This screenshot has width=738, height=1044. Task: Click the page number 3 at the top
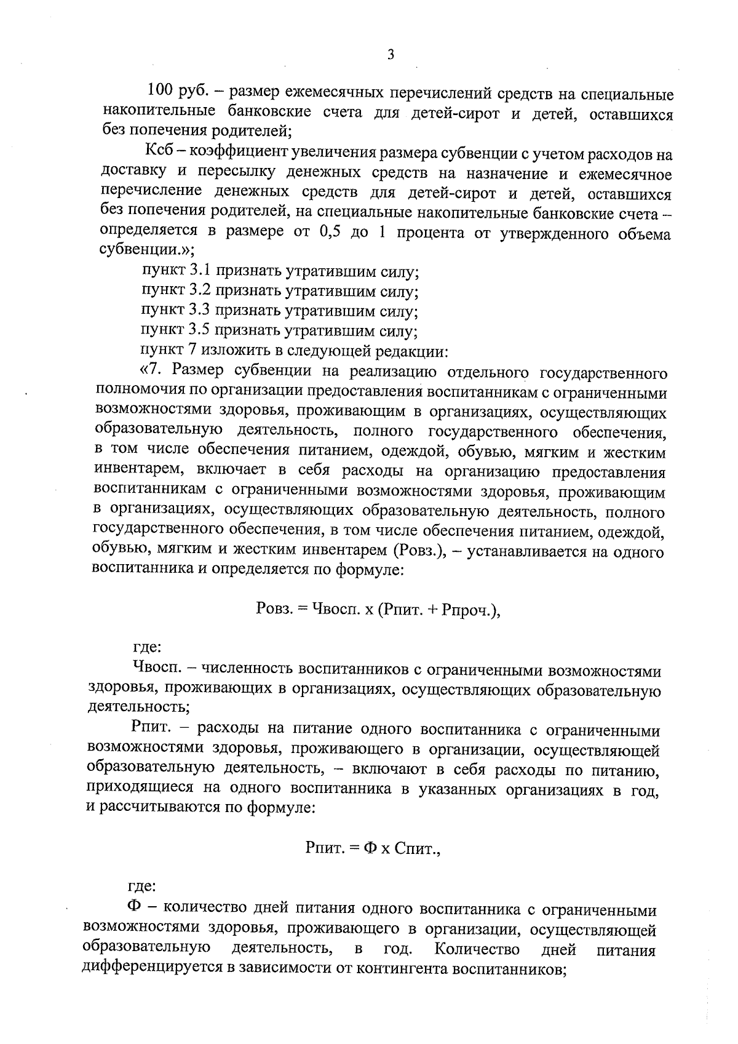(391, 55)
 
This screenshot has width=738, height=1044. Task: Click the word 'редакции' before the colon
(410, 351)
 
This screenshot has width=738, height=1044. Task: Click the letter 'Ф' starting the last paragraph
(135, 909)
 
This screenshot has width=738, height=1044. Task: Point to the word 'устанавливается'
(523, 551)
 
